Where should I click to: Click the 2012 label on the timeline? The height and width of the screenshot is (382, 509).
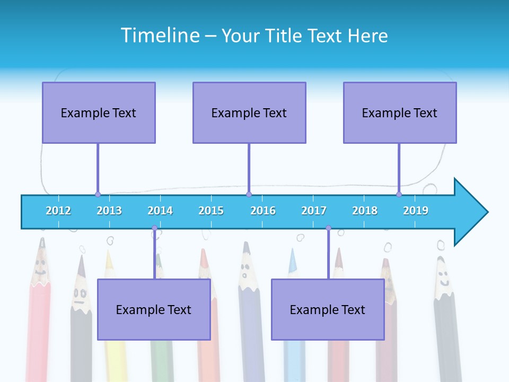(58, 211)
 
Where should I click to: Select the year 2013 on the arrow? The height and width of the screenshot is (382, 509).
(109, 211)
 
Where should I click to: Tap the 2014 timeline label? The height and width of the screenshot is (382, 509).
(160, 211)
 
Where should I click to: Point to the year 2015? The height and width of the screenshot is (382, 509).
(211, 211)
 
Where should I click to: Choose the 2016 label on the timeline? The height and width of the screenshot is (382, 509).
(263, 211)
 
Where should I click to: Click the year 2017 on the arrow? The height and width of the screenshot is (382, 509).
(314, 211)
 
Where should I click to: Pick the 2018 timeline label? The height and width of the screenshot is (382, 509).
(365, 211)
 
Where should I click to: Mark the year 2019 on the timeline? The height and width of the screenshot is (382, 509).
(416, 211)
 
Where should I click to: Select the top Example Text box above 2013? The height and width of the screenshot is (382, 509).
(99, 112)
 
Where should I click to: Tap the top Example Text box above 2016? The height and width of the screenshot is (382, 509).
(249, 112)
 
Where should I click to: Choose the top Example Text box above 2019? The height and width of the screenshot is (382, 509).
(400, 112)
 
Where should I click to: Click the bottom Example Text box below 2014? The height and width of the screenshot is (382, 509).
(154, 309)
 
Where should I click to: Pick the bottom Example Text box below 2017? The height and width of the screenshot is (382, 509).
(328, 309)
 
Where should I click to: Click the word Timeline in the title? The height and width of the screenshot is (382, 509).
(160, 35)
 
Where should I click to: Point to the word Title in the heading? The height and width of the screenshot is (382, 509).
(286, 36)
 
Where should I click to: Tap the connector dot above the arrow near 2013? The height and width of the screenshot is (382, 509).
(98, 194)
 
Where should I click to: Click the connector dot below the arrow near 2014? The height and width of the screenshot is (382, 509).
(155, 228)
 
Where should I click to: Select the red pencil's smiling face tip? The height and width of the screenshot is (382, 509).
(40, 265)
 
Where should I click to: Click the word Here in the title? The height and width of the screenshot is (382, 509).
(368, 36)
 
